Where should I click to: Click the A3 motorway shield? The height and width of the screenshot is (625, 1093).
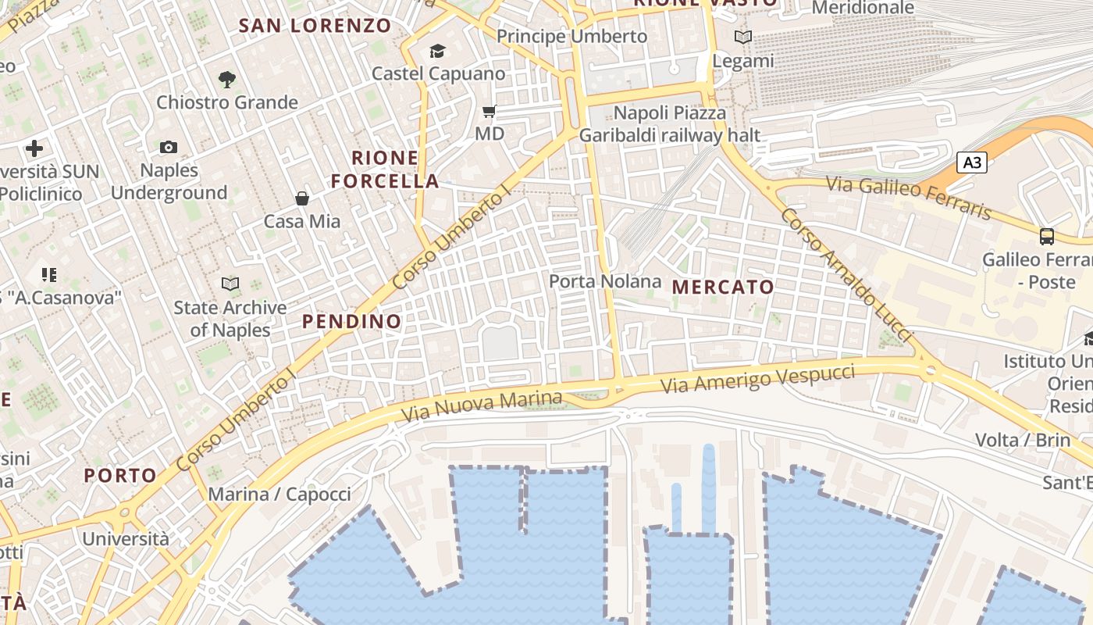coord(972,162)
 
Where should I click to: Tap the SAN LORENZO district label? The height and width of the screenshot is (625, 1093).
coord(315,26)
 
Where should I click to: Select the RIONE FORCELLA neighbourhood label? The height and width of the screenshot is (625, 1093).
coord(385,170)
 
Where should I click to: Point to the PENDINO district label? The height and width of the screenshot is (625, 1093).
coord(352,321)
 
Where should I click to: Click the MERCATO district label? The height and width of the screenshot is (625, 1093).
coord(723,287)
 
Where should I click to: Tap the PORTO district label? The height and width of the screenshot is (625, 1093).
coord(121,475)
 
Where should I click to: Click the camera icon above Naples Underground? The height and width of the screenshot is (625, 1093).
coord(169,147)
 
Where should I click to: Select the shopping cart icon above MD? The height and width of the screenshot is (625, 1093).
coord(490,112)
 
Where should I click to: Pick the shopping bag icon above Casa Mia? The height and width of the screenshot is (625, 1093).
coord(302,198)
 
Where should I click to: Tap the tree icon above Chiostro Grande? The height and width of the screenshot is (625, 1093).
coord(227,79)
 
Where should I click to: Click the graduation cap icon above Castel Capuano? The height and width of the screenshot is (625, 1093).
coord(437,52)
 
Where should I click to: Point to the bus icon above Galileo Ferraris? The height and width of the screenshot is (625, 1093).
coord(1047,236)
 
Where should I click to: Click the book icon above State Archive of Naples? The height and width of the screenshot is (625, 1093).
coord(230,284)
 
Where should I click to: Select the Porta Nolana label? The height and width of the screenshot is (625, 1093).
coord(605,281)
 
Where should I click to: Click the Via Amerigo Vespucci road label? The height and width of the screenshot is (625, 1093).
coord(757,378)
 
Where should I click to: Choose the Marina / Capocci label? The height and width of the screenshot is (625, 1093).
coord(279,495)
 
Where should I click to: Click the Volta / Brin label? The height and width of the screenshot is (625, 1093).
coord(1023,440)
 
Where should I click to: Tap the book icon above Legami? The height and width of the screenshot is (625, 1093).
coord(743,37)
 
